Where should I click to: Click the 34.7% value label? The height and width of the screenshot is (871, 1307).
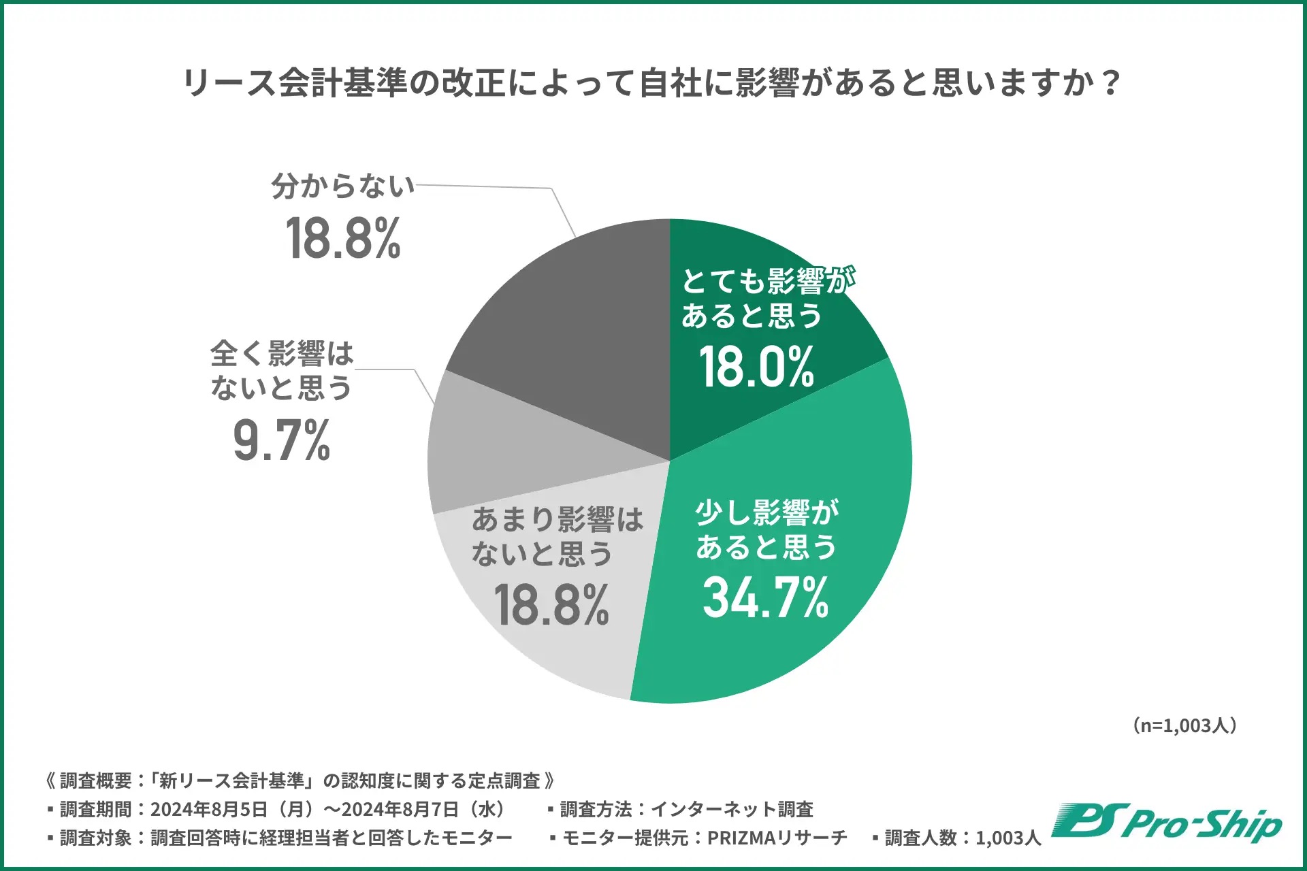[x=765, y=598]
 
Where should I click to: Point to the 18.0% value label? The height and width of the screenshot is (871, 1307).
[x=756, y=367]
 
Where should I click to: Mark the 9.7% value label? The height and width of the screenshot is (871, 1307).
[x=281, y=441]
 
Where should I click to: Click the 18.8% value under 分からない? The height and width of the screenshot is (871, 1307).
[x=343, y=239]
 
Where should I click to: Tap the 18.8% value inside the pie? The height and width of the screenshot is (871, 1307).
[x=551, y=605]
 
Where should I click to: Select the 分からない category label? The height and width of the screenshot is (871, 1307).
[x=342, y=186]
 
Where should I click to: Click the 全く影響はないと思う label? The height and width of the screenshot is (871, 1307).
[x=281, y=370]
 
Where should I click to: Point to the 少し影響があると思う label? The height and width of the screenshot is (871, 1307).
[x=766, y=529]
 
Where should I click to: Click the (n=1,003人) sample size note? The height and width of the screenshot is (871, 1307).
[x=1184, y=725]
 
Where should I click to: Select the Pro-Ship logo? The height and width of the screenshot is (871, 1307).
[x=1166, y=823]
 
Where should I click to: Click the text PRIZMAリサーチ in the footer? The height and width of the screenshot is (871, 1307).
[x=777, y=838]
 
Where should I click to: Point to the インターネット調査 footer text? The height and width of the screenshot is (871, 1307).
[x=732, y=809]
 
